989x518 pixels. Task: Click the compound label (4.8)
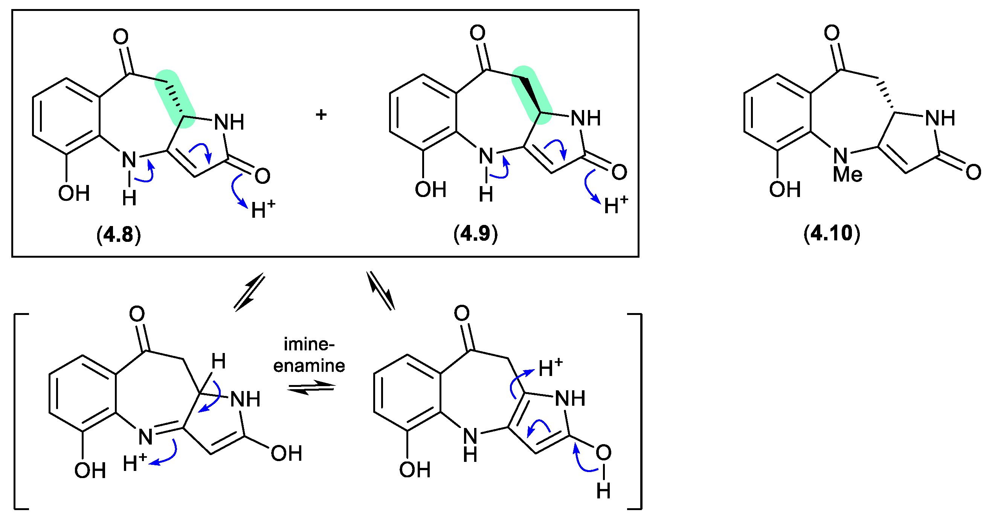pyautogui.click(x=119, y=235)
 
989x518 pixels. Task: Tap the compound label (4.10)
pyautogui.click(x=832, y=234)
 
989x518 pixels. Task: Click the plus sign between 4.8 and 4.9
pyautogui.click(x=321, y=115)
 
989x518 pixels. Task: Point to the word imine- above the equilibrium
pyautogui.click(x=309, y=344)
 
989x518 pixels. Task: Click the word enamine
pyautogui.click(x=309, y=365)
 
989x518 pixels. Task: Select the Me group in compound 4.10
pyautogui.click(x=847, y=175)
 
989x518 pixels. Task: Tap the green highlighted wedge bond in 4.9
pyautogui.click(x=531, y=95)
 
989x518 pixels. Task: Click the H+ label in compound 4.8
pyautogui.click(x=263, y=209)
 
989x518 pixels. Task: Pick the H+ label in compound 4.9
pyautogui.click(x=616, y=205)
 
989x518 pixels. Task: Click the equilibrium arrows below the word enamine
pyautogui.click(x=311, y=388)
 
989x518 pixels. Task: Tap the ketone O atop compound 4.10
pyautogui.click(x=832, y=33)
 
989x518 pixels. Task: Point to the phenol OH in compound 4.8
pyautogui.click(x=74, y=193)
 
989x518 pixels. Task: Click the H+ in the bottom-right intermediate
pyautogui.click(x=550, y=368)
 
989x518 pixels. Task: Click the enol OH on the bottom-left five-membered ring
pyautogui.click(x=286, y=454)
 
